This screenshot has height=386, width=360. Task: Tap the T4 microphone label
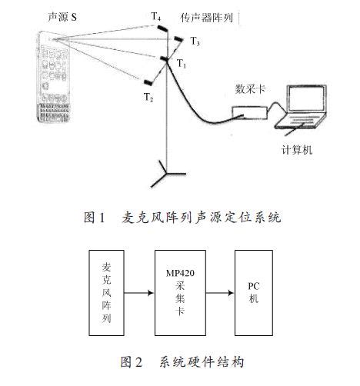156,15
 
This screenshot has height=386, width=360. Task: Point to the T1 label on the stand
182,65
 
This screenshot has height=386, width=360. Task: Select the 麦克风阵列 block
105,291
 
